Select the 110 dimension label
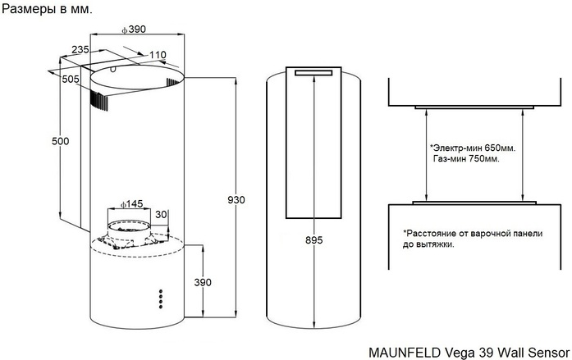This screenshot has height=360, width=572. coord(158,55)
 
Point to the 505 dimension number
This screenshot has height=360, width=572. coord(71,79)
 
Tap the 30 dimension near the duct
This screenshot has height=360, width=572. coord(161,215)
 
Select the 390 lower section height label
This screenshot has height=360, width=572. coord(203,282)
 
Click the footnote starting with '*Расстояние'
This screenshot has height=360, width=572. coord(472,239)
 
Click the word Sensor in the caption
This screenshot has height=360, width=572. coord(547,350)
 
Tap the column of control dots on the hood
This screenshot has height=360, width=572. coord(160,298)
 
